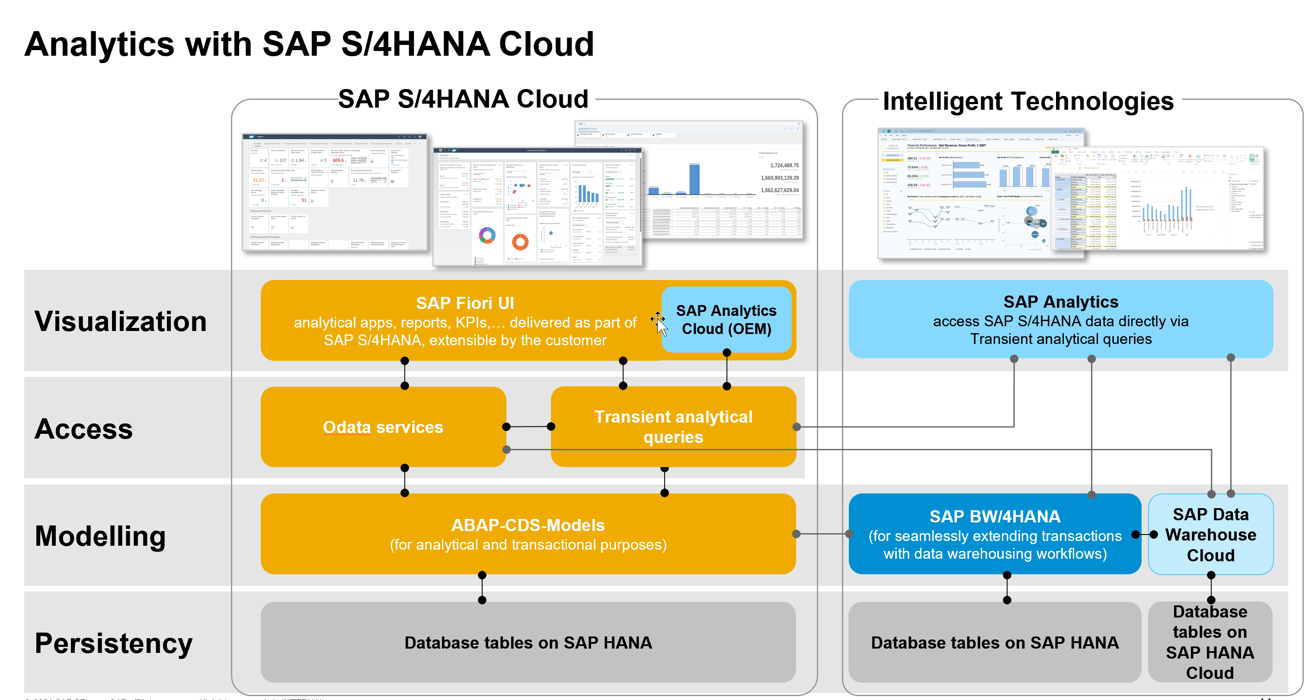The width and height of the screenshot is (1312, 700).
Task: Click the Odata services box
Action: click(x=383, y=426)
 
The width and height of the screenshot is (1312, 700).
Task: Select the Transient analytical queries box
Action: click(x=673, y=426)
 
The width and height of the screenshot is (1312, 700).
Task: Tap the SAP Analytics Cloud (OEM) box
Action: click(x=726, y=320)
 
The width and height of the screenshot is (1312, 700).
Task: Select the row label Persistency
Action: click(x=113, y=643)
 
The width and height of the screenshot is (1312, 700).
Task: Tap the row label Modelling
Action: click(x=100, y=536)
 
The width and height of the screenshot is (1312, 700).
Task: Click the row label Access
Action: click(x=83, y=429)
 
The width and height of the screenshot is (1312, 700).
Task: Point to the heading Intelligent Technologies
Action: click(x=1028, y=101)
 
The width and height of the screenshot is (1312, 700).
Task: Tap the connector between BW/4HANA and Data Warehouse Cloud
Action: click(x=1145, y=535)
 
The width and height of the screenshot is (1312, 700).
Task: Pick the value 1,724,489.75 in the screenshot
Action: click(x=784, y=165)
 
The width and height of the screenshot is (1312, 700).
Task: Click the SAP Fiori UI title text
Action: click(x=464, y=303)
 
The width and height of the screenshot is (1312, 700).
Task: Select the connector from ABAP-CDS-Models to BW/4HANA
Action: click(x=822, y=534)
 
